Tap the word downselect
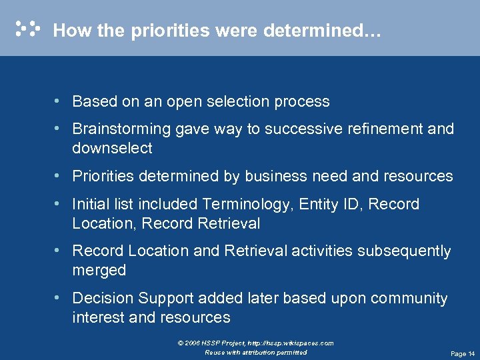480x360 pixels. [x=112, y=148]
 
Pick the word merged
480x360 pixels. [x=99, y=270]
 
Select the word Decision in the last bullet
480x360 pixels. [x=101, y=298]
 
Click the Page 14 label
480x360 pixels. [x=463, y=353]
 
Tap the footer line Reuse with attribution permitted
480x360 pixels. [x=256, y=352]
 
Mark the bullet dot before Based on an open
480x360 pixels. [x=60, y=101]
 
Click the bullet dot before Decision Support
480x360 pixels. [x=60, y=298]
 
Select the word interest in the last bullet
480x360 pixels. [x=99, y=317]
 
